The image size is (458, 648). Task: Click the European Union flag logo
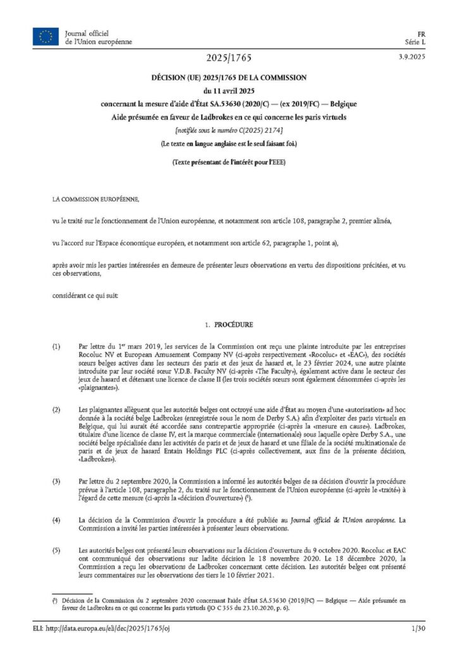(45, 37)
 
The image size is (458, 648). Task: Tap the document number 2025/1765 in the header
(228, 58)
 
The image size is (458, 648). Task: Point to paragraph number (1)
(57, 347)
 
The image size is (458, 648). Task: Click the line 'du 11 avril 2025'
(228, 90)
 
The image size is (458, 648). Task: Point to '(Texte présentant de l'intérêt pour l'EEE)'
(228, 163)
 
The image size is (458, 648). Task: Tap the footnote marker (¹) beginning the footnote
(56, 598)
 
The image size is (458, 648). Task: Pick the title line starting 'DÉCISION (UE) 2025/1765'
(228, 77)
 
